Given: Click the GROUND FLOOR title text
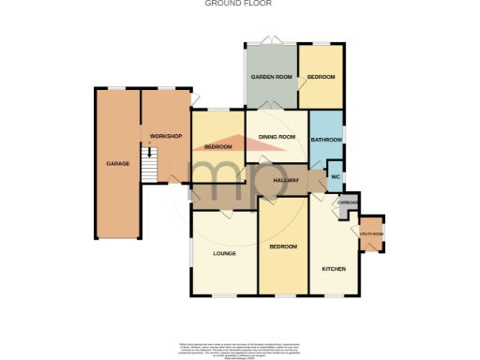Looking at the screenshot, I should (239, 4).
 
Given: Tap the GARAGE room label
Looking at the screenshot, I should (117, 164).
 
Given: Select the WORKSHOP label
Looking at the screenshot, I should (165, 137).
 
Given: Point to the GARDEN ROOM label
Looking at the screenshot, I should (271, 76).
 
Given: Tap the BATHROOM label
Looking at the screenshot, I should (326, 140).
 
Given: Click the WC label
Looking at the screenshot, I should (335, 176).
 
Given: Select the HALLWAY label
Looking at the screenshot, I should (286, 180).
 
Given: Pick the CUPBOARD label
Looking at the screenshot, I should (348, 202).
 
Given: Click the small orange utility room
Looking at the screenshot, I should (371, 234).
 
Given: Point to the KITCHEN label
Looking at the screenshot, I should (334, 269).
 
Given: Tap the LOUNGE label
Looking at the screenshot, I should (223, 254).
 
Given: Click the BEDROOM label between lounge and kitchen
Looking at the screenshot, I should (282, 247).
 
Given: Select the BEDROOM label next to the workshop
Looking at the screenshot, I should (217, 147).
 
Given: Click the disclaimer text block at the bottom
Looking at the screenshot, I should (239, 348).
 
